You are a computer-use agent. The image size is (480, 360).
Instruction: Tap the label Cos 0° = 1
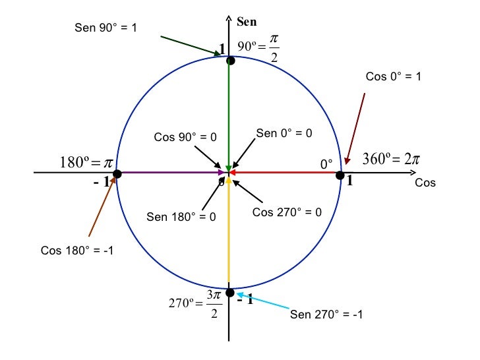[x=393, y=77]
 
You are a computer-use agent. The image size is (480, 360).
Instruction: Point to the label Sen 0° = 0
[x=284, y=133]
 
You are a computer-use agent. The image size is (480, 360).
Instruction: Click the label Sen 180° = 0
[x=181, y=217]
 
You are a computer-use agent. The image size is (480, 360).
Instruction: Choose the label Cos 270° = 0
[x=287, y=212]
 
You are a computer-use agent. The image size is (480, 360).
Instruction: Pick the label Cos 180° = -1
[x=77, y=251]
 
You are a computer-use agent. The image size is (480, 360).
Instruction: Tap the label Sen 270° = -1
[x=326, y=314]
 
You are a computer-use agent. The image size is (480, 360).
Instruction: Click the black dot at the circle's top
[x=230, y=61]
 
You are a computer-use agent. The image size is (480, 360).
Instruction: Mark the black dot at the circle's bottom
[x=229, y=292]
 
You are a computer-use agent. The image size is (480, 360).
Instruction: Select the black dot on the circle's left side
[x=117, y=175]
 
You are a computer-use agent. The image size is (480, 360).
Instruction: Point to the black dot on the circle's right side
[x=340, y=175]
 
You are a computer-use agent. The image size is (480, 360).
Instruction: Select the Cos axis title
[x=425, y=183]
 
